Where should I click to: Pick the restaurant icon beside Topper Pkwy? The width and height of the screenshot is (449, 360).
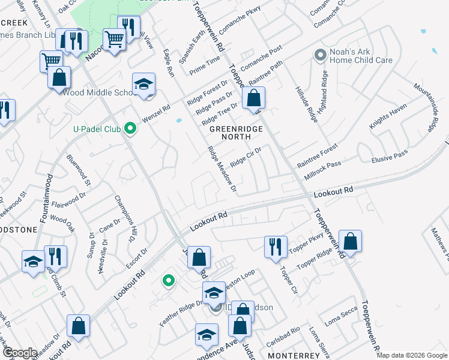[275, 246]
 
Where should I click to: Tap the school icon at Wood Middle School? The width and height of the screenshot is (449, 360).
[144, 85]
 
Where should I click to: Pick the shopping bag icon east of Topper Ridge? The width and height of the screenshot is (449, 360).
[350, 241]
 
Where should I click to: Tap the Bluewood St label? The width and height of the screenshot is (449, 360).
[79, 169]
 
